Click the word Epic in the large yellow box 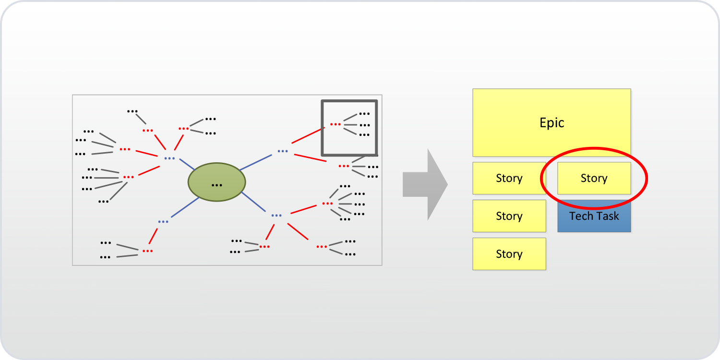[x=552, y=123]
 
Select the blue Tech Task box [x=594, y=216]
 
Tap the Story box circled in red [x=594, y=178]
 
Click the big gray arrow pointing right [x=425, y=184]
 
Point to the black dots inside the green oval [x=216, y=185]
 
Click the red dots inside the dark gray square [x=335, y=124]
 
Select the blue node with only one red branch [x=163, y=221]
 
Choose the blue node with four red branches [x=169, y=158]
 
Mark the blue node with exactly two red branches [x=283, y=151]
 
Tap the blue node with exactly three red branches [x=276, y=216]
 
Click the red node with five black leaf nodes [x=327, y=204]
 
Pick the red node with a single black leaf [x=148, y=130]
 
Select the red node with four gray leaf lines [x=128, y=177]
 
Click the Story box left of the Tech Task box [x=509, y=216]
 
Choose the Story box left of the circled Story [x=509, y=178]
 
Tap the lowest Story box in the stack [x=509, y=254]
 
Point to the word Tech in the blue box [x=580, y=216]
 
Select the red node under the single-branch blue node [x=147, y=251]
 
